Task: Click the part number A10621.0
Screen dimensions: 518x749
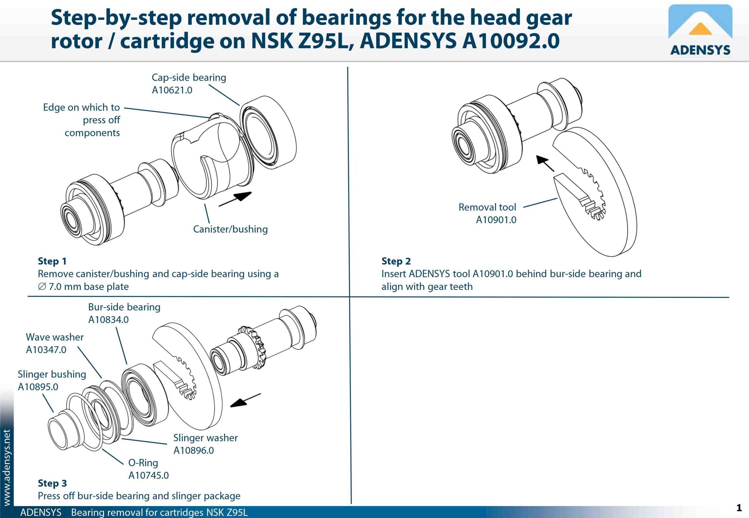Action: (x=172, y=90)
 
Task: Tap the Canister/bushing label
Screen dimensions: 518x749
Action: (x=230, y=229)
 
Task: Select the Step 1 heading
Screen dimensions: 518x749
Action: (x=52, y=261)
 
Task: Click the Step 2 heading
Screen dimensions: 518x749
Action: (x=396, y=261)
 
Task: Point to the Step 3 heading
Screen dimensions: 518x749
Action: (x=52, y=483)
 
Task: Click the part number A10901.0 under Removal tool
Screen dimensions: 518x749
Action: (x=496, y=220)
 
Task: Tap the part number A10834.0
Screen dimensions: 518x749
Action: (x=108, y=320)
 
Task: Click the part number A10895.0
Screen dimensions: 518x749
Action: (x=38, y=387)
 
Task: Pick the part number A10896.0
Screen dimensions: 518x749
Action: (x=193, y=450)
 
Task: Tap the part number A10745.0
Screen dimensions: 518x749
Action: (x=148, y=476)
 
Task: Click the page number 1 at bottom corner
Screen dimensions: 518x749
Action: (x=739, y=507)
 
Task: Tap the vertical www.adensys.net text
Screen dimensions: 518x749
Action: (x=6, y=467)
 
